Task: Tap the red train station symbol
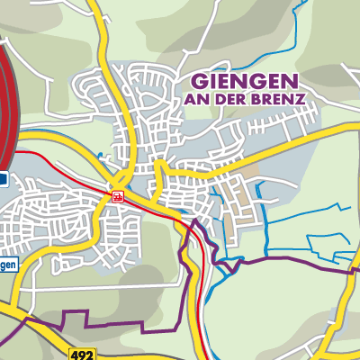coord(117,193)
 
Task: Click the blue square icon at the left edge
coord(4,179)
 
